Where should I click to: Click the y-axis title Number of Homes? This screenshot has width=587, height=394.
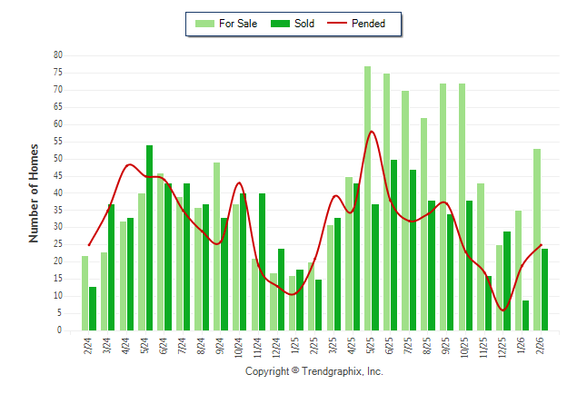point(35,192)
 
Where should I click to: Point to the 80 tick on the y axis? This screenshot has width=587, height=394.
point(57,55)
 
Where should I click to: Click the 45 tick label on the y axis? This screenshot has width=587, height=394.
point(57,176)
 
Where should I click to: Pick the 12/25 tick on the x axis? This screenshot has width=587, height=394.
point(502,347)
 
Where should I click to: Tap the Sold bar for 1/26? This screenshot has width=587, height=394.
point(525,315)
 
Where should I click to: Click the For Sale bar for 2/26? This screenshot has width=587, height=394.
point(537,240)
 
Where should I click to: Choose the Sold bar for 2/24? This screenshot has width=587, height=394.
point(93,309)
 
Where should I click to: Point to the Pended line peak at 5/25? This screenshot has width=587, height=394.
point(371,132)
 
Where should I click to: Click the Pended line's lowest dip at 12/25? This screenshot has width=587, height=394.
point(502,310)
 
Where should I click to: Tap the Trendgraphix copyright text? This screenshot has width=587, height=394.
point(314,371)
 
